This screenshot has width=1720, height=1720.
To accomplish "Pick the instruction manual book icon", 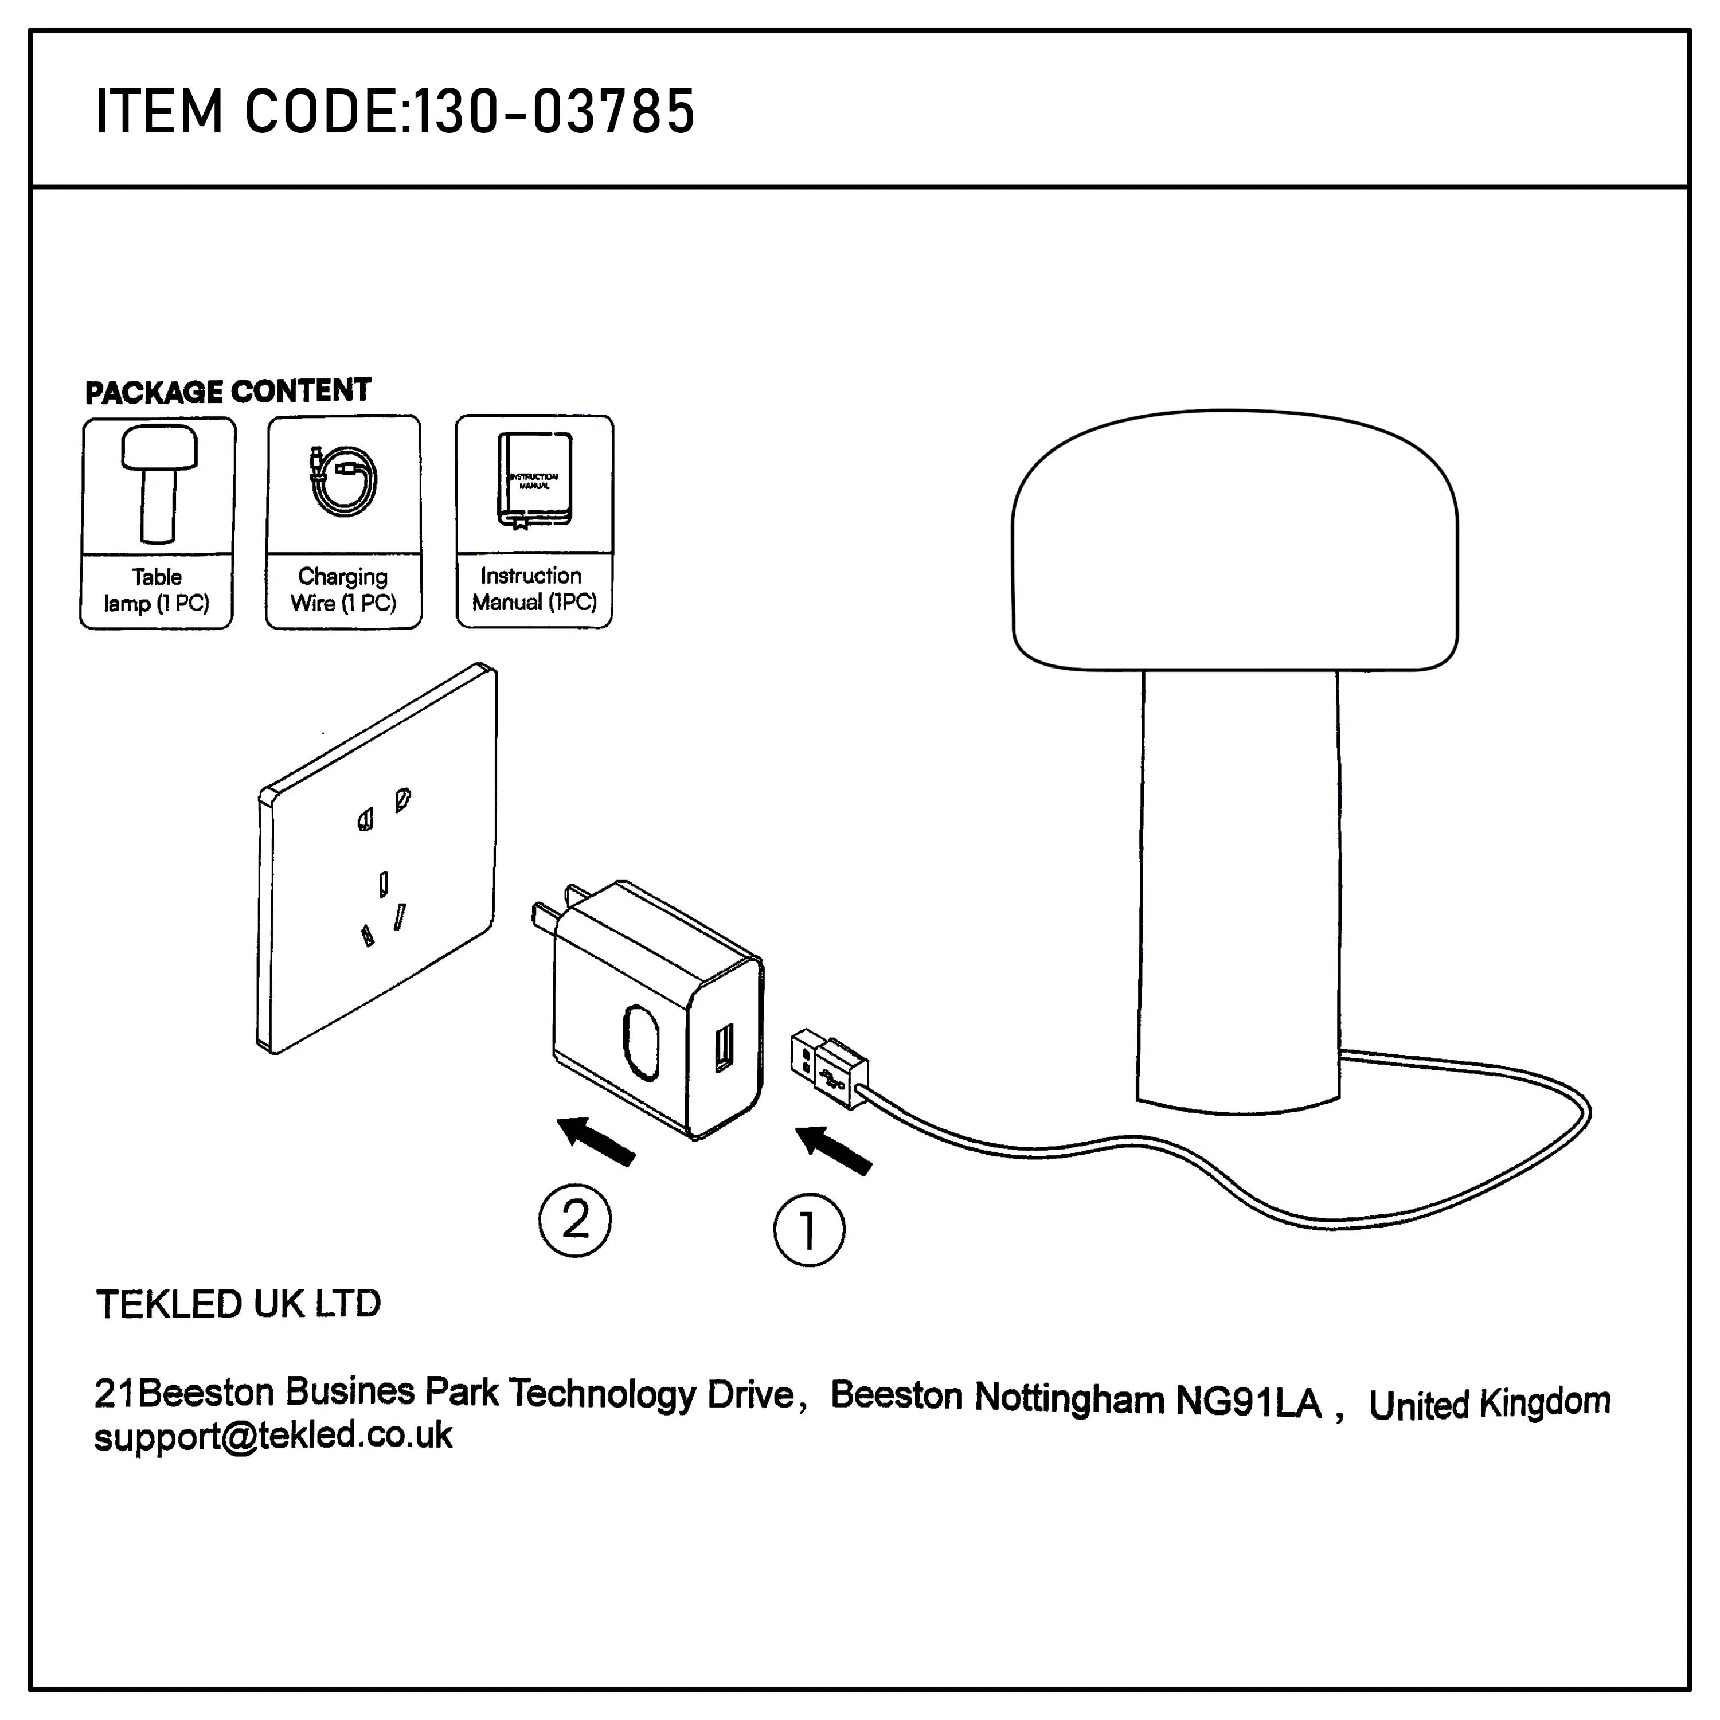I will click(534, 480).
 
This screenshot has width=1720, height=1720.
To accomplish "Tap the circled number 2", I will click(575, 1221).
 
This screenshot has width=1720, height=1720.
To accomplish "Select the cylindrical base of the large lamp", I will click(1238, 890).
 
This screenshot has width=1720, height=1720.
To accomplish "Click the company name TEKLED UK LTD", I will click(239, 1304).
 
